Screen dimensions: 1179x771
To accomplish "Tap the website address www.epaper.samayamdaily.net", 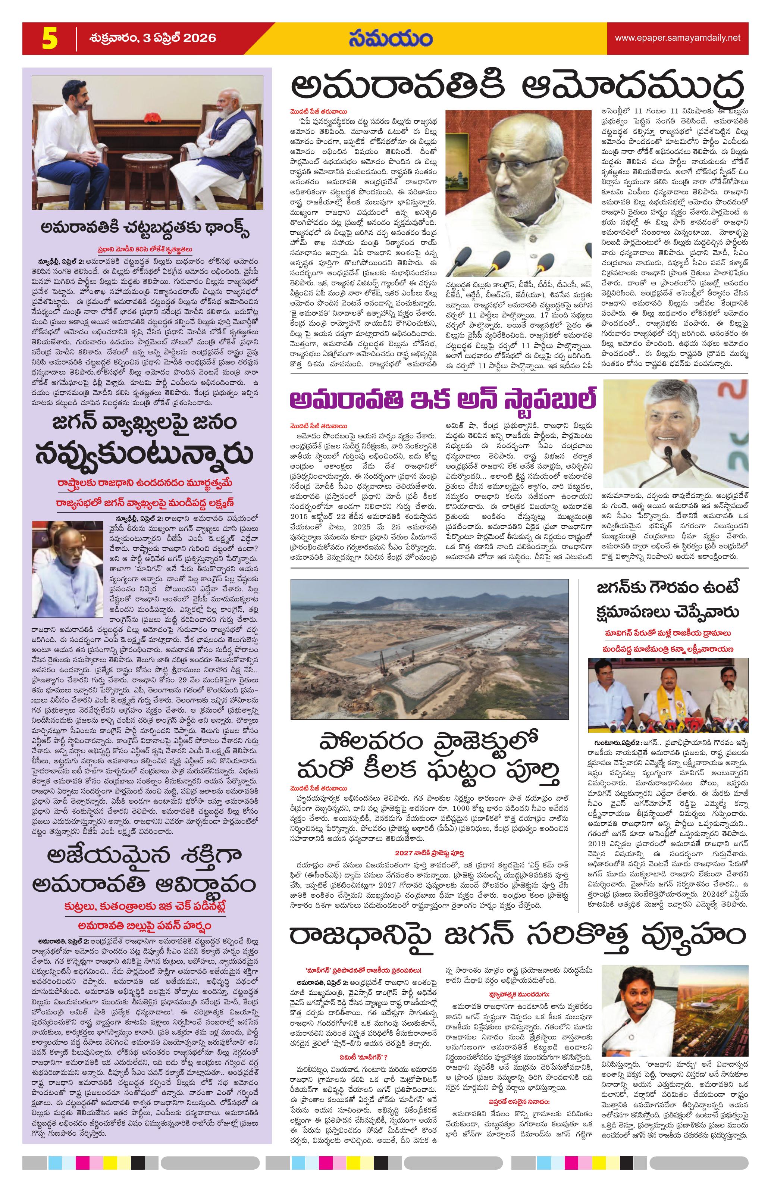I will [677, 38].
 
